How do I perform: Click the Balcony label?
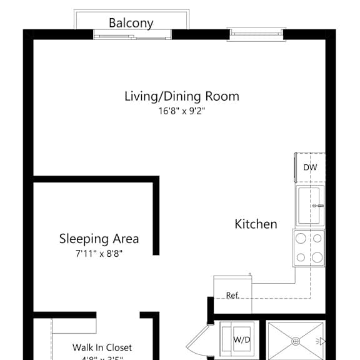[131, 23]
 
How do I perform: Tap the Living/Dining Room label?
[181, 96]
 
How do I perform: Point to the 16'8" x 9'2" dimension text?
[181, 111]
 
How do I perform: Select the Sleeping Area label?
[99, 239]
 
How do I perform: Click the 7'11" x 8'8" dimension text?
[99, 254]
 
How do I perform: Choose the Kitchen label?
[256, 224]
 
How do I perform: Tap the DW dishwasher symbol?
[310, 167]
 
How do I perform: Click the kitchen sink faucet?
[319, 206]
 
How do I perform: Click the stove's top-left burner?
[301, 238]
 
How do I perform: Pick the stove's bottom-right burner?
[317, 256]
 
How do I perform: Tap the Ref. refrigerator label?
[232, 296]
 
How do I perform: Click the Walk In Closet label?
[102, 347]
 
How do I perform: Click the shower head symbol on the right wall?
[321, 341]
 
